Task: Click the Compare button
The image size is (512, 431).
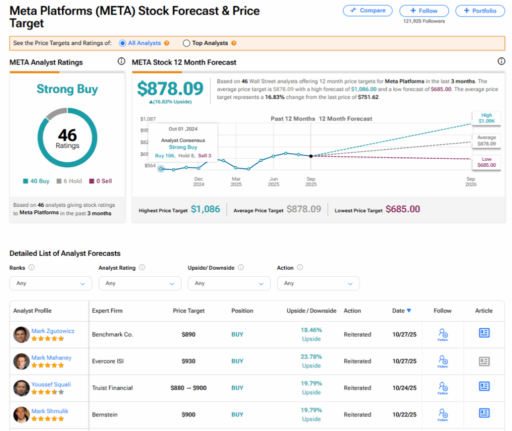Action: [367, 10]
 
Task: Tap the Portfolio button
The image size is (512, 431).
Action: [480, 10]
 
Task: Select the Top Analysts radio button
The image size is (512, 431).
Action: [186, 43]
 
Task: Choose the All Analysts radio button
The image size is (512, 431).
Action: [122, 43]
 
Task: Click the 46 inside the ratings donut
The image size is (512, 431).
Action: [67, 135]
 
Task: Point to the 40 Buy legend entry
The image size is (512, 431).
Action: [36, 181]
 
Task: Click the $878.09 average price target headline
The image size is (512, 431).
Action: [170, 89]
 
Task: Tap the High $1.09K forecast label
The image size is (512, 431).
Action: [486, 118]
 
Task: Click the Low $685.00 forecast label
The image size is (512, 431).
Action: [486, 162]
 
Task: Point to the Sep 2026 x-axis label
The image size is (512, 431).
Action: [470, 181]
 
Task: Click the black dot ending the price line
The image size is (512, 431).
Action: [311, 156]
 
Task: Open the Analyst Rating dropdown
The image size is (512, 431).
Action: [140, 283]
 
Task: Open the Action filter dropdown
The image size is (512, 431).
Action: [318, 283]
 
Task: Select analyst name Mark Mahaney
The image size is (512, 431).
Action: [51, 358]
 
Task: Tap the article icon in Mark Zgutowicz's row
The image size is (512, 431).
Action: [484, 333]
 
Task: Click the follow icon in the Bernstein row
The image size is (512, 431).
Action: [442, 414]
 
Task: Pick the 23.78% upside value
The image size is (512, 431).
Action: [311, 357]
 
